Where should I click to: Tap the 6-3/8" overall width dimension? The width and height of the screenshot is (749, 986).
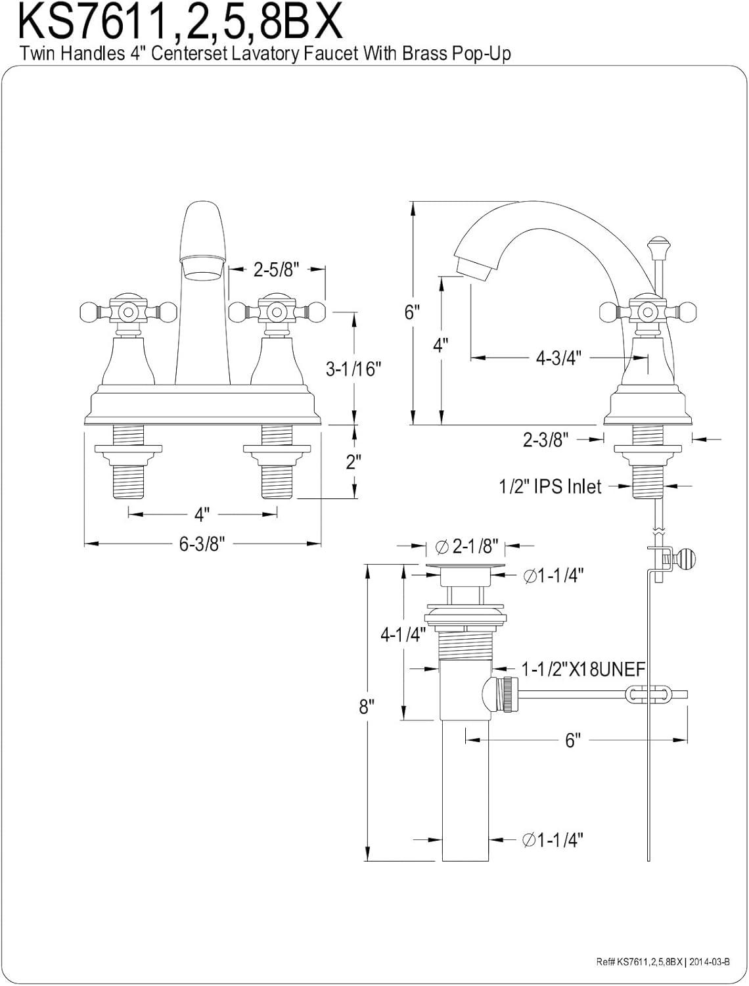[x=202, y=544]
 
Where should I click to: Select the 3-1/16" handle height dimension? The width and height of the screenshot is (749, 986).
[x=353, y=369]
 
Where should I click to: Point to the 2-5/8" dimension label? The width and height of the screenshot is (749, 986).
[x=276, y=268]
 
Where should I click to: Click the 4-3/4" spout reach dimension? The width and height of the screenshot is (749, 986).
[x=559, y=359]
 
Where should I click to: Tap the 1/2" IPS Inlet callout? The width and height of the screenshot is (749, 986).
[x=549, y=486]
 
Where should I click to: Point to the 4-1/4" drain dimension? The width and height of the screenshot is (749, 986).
[x=403, y=634]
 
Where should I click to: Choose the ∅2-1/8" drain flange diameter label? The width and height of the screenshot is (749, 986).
[x=467, y=546]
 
